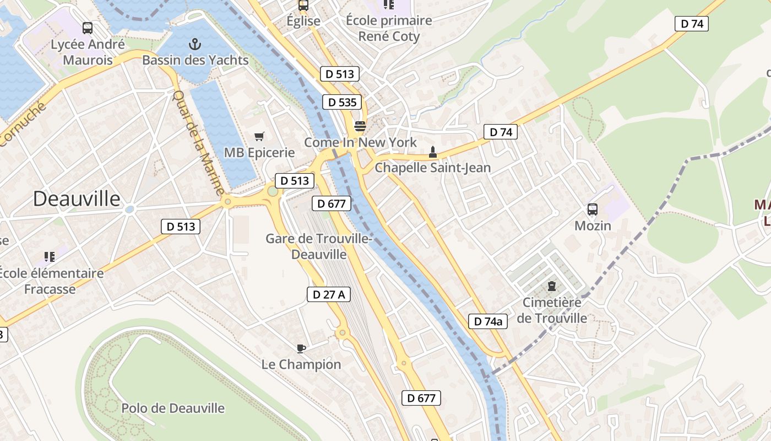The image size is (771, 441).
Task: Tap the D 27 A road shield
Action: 329,294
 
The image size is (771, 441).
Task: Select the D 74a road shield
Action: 488,321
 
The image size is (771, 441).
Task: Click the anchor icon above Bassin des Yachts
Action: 194,44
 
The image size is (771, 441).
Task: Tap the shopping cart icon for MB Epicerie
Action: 259,136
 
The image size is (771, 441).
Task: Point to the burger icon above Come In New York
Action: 360,126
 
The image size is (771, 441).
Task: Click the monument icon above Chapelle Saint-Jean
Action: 433,152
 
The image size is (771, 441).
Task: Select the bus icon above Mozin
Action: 593,209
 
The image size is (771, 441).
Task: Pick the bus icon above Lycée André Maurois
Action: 88,28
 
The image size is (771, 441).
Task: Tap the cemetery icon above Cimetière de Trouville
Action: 551,287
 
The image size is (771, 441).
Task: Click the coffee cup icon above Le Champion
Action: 301,348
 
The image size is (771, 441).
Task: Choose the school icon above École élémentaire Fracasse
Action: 50,257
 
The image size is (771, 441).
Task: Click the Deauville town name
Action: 77,198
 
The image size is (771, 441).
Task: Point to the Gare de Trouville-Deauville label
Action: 319,246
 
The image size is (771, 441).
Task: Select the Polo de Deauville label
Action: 173,408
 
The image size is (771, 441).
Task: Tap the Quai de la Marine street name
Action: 198,142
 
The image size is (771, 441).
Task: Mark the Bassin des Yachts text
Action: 196,60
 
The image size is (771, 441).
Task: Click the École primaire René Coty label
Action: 389,29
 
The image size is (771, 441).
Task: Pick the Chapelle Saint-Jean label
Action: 432,168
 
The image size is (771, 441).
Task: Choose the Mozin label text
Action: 593,225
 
